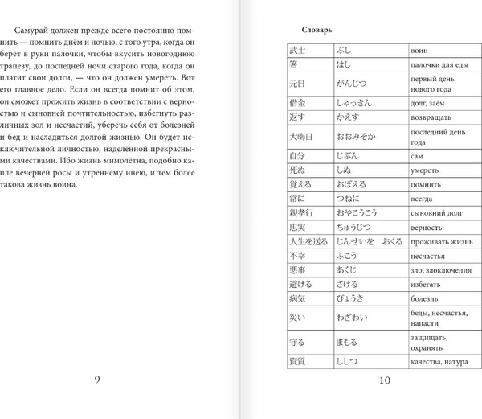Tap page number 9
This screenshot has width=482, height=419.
tap(97, 380)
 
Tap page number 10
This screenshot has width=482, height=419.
tap(384, 380)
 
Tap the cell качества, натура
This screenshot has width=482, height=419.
tap(439, 363)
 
